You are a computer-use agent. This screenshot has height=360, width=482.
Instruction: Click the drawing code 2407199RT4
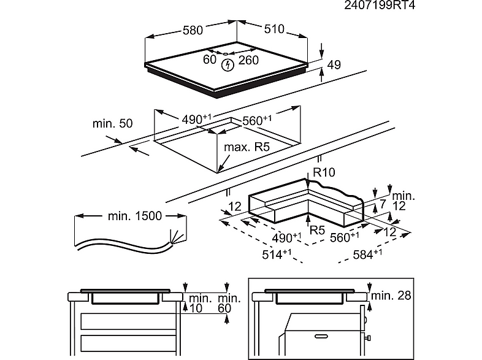tap(439, 7)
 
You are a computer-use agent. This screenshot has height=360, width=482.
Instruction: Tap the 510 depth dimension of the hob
tap(275, 29)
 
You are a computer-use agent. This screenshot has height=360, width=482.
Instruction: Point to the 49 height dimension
tap(334, 65)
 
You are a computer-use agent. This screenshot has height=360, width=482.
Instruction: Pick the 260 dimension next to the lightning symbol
tap(248, 59)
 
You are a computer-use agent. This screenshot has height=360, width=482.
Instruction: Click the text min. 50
tap(112, 123)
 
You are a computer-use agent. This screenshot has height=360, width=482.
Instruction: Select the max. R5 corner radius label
tap(247, 147)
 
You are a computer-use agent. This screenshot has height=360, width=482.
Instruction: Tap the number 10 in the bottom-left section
tap(196, 308)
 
